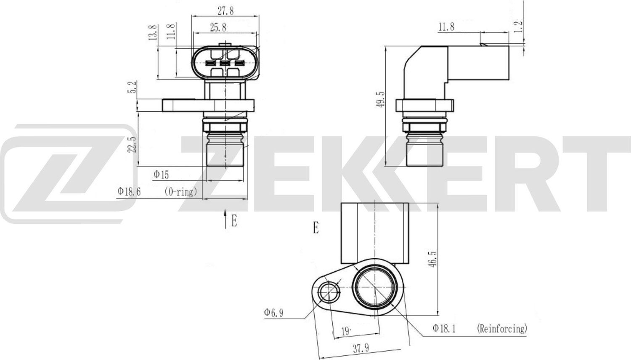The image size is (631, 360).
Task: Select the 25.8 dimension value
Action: pyautogui.click(x=218, y=27)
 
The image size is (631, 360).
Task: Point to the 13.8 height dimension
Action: pyautogui.click(x=153, y=32)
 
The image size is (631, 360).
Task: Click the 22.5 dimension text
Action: pyautogui.click(x=132, y=144)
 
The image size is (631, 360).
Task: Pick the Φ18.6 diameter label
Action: pyautogui.click(x=129, y=192)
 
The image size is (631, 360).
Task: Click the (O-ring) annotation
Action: pyautogui.click(x=180, y=192)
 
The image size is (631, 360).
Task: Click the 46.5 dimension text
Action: pyautogui.click(x=434, y=259)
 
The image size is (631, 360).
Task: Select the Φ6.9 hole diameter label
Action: pyautogui.click(x=273, y=312)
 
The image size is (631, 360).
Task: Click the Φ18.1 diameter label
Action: pyautogui.click(x=445, y=328)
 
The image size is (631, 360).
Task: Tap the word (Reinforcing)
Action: pyautogui.click(x=501, y=328)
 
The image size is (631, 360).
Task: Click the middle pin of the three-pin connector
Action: pyautogui.click(x=225, y=64)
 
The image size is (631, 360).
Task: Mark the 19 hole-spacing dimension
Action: pyautogui.click(x=345, y=331)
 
